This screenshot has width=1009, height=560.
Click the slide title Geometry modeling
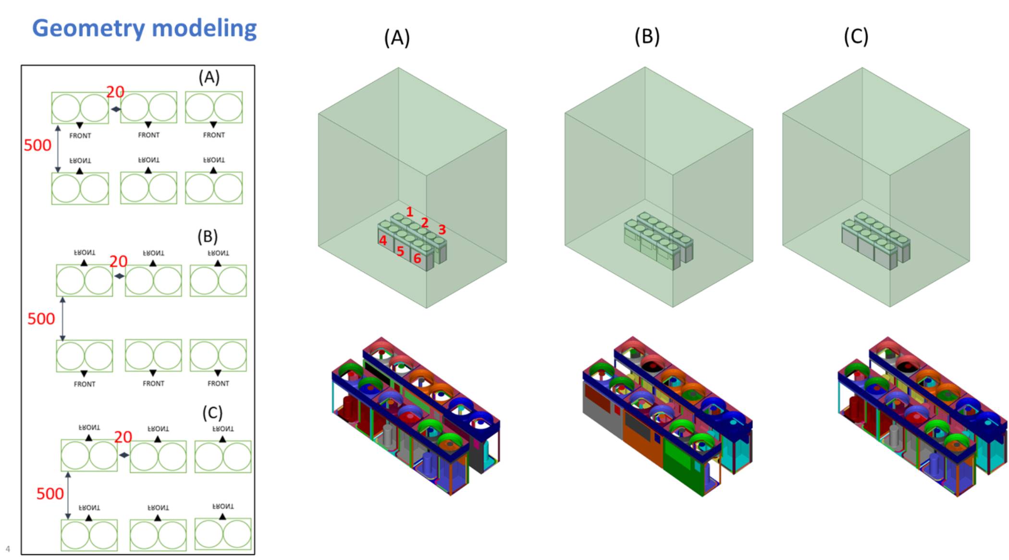pos(144,28)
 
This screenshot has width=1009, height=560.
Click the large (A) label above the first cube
pos(397,37)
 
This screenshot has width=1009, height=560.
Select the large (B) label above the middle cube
pos(647,37)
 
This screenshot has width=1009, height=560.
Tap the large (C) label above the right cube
pos(856,37)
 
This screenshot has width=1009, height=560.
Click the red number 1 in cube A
pos(409,211)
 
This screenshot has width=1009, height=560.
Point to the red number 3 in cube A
pos(442,230)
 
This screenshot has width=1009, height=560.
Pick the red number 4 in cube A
pos(383,240)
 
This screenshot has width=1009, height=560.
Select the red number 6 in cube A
pos(417,258)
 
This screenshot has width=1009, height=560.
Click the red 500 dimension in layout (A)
pos(37,145)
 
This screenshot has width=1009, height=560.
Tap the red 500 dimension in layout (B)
pos(41,318)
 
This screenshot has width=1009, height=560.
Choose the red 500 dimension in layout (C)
pos(50,493)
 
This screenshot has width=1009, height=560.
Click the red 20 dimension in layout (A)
pos(115,92)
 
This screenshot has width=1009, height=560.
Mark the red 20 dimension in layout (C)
pos(123,437)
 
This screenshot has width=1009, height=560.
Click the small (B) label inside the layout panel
pos(208,236)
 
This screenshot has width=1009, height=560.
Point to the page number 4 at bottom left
pos(8,549)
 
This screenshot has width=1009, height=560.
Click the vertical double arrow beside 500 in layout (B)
pos(62,319)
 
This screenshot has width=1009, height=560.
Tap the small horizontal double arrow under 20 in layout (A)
pos(116,110)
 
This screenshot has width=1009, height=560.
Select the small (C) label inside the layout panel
pos(212,413)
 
